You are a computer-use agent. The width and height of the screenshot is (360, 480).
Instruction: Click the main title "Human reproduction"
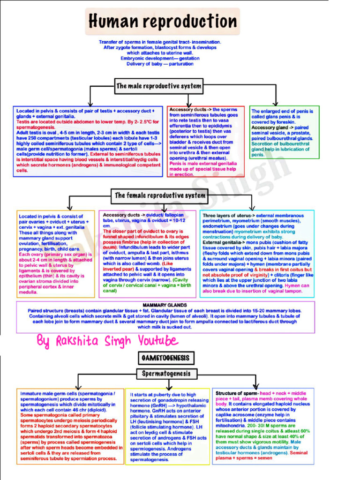pos(162,22)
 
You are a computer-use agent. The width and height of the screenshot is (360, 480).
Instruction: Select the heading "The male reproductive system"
pos(159,86)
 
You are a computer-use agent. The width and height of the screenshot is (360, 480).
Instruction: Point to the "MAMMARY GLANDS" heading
pos(165,305)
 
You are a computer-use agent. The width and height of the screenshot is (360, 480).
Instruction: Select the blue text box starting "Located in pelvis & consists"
pos(88,141)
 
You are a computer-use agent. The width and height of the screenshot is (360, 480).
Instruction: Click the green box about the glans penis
pos(284,132)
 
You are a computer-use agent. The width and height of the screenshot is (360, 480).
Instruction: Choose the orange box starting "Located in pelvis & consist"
pos(56,254)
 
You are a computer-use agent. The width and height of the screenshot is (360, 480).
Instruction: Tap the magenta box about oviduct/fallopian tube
pos(147,254)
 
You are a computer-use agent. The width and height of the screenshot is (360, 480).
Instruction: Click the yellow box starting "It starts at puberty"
pos(169,427)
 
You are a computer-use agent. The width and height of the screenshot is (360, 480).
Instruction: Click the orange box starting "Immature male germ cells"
pos(70,426)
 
